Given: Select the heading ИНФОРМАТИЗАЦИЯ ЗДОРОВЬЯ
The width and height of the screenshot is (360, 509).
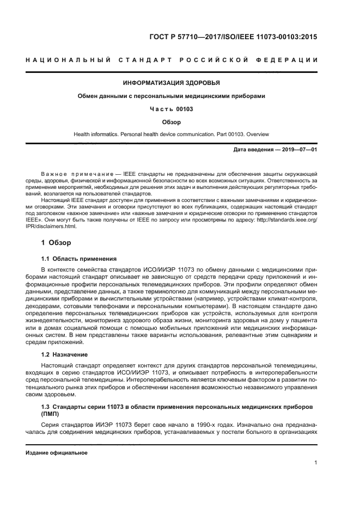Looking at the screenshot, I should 172,83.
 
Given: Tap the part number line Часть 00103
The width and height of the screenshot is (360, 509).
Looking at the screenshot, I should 172,109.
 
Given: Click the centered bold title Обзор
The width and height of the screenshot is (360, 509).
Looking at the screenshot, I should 172,122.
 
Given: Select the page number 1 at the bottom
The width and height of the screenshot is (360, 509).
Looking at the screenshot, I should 316,463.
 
